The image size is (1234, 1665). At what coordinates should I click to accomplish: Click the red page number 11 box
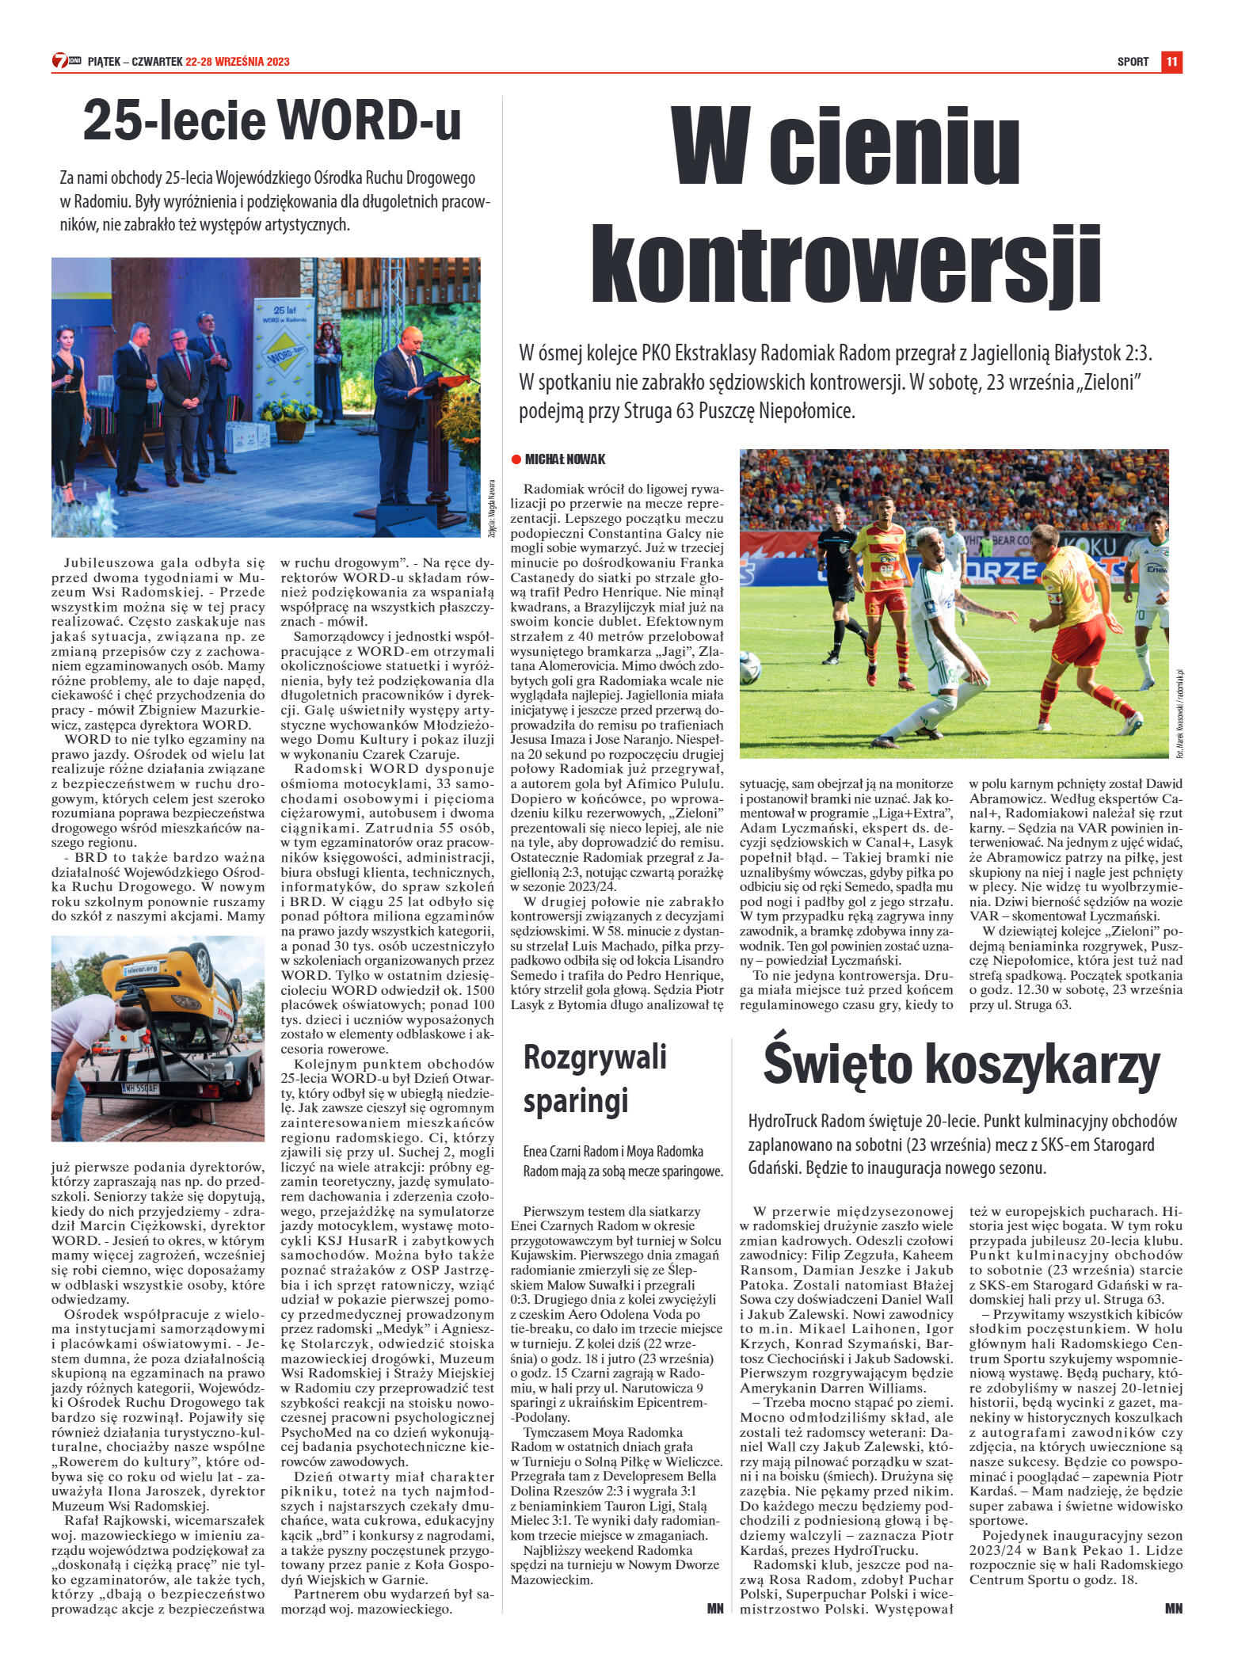(1171, 61)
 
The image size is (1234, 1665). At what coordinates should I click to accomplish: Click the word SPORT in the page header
(1133, 62)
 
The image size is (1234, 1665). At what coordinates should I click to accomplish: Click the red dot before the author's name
(516, 459)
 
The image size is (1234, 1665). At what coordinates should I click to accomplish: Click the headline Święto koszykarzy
(962, 1065)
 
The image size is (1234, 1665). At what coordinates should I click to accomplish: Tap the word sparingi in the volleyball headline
(576, 1099)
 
